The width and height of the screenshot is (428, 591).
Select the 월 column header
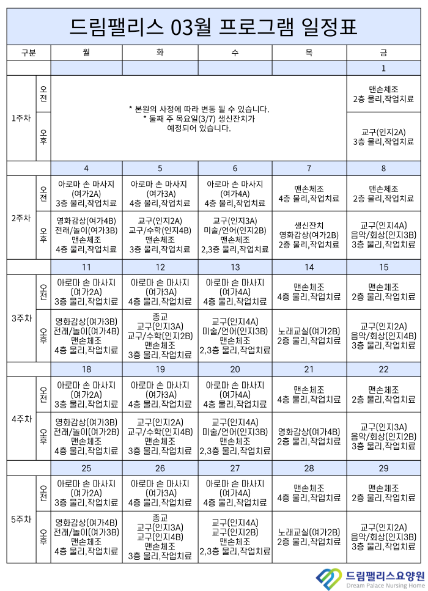(86, 53)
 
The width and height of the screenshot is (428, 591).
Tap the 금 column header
(383, 53)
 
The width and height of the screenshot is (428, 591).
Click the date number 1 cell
(383, 68)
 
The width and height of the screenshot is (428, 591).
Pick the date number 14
(309, 267)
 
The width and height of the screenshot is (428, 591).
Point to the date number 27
(235, 468)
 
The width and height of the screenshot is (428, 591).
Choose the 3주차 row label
(21, 318)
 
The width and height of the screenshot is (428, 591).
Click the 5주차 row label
(21, 519)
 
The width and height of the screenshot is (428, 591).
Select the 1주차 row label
(21, 118)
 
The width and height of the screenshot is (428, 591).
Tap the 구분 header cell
(28, 53)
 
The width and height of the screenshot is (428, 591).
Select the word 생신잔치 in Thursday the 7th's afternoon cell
(309, 225)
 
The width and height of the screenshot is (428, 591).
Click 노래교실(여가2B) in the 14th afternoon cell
(309, 331)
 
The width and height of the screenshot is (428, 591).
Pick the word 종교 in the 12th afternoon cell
(160, 317)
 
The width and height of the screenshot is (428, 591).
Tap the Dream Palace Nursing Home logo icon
(330, 577)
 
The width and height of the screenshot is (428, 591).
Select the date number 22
(383, 369)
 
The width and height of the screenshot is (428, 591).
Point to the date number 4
(86, 168)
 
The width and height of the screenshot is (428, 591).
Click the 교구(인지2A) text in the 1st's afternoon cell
(383, 132)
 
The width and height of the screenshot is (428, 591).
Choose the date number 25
(86, 468)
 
